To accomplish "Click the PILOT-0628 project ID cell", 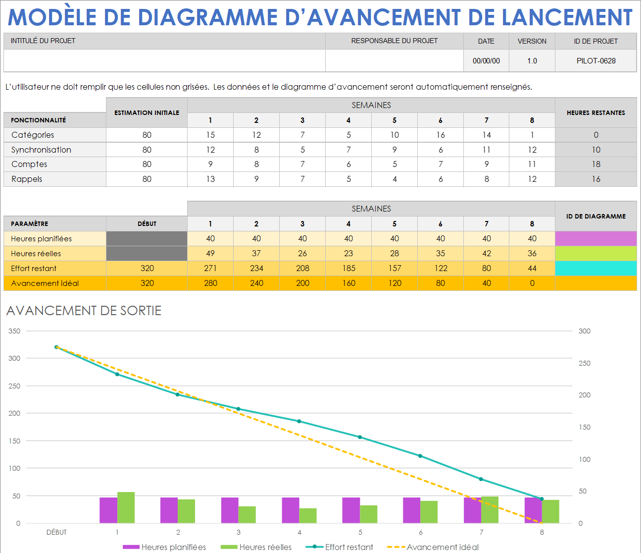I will tap(595, 61).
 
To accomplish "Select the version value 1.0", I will tap(532, 61).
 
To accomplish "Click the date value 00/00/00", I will tap(486, 61).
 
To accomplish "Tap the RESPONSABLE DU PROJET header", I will tap(394, 41).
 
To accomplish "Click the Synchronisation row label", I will tap(41, 150).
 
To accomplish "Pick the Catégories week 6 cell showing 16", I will tap(440, 135).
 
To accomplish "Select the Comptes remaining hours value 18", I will tap(595, 164).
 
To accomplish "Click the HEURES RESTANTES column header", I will tap(595, 113).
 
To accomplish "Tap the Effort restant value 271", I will tap(210, 268).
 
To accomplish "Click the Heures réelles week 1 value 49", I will tap(210, 253).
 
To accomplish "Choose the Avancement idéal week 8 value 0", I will tap(532, 283).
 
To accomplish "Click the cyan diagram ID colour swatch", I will tap(595, 268).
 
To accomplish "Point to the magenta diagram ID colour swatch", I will tap(595, 238).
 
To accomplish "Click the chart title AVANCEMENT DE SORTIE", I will tap(84, 311).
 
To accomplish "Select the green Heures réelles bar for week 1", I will tap(126, 507).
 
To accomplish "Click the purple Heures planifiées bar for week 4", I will tap(291, 510).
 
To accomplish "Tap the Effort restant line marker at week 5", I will tap(360, 437).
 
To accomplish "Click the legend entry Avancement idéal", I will tap(442, 547).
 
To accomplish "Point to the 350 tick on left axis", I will tap(14, 331).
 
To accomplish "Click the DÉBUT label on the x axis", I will tap(56, 532).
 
